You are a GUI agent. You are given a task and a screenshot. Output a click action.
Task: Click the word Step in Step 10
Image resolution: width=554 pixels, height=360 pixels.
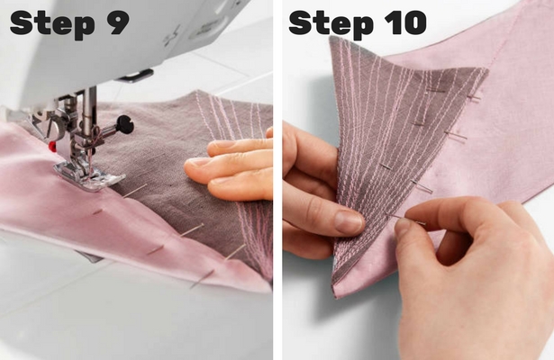coord(331,22)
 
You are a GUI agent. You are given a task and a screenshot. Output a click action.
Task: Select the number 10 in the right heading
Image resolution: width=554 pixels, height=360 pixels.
coord(405,22)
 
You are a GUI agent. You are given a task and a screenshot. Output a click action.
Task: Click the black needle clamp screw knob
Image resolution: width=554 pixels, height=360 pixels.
coord(125,124)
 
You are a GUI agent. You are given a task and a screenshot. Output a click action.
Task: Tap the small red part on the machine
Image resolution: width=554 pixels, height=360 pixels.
coord(52,147)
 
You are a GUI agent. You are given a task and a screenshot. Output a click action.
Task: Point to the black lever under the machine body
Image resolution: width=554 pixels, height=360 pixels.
coord(136,76)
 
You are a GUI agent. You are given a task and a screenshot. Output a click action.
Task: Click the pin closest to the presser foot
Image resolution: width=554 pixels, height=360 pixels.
coord(135,191)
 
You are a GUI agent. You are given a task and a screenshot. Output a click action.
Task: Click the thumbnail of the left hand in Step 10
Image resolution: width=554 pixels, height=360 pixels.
coord(349,222)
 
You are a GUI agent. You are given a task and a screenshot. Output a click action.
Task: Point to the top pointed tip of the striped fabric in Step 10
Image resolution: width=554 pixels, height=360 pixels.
coord(330,37)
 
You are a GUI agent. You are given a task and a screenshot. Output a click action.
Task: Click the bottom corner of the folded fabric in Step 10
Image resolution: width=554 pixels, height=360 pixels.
coord(335,296)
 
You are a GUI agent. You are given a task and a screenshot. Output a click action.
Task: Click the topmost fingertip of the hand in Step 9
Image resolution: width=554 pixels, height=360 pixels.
coord(269,132)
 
